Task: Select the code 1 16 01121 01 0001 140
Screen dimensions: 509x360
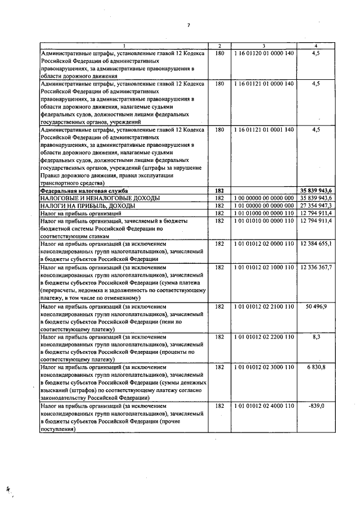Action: coord(263,129)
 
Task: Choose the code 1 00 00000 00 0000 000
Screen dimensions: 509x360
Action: coord(263,199)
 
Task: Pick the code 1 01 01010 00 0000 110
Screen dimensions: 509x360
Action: coord(263,221)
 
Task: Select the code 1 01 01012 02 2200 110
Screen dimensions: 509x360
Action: coord(263,336)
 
